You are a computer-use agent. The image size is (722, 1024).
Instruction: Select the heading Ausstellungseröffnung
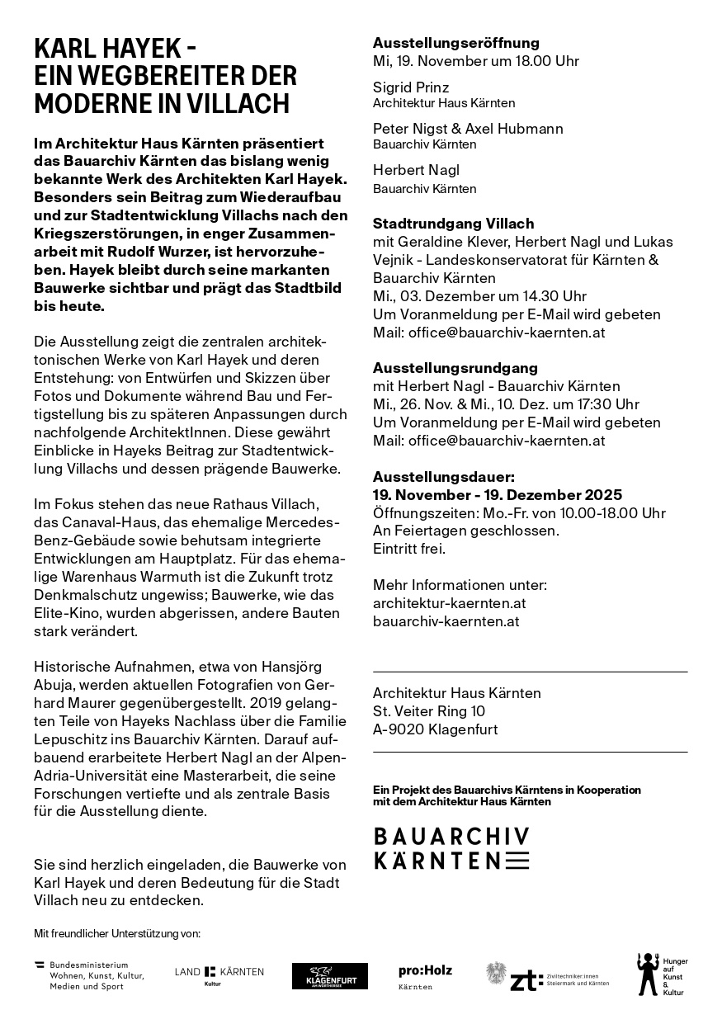[455, 43]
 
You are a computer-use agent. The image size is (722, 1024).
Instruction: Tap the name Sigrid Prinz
[411, 87]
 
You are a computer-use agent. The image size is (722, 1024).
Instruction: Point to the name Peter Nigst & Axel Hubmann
[468, 129]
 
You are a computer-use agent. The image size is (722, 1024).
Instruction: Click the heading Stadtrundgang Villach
[453, 224]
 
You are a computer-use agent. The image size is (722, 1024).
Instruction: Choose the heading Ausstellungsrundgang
[455, 368]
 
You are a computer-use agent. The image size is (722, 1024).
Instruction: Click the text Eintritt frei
[409, 549]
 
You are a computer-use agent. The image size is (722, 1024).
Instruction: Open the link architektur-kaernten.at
[449, 603]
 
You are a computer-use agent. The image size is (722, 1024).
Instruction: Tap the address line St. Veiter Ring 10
[429, 711]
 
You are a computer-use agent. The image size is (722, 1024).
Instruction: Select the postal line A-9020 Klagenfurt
[435, 729]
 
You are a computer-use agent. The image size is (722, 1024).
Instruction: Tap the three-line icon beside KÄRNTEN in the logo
[517, 861]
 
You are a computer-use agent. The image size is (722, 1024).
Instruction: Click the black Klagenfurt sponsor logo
[330, 976]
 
